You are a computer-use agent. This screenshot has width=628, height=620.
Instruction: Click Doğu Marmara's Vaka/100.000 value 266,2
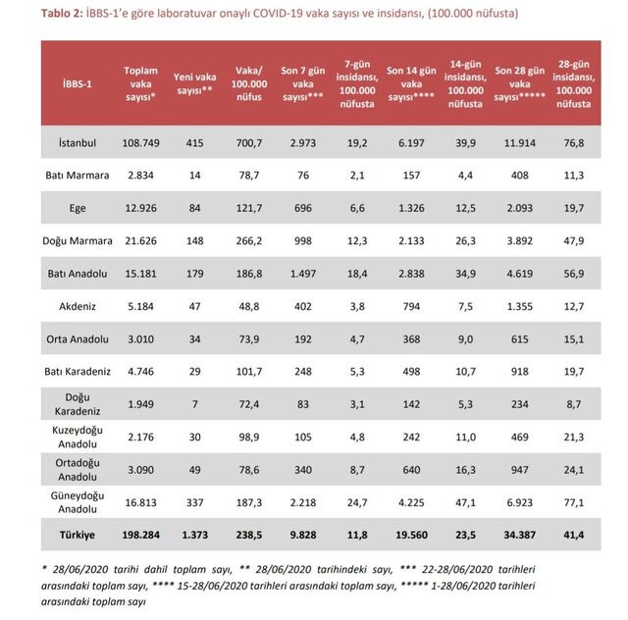249,239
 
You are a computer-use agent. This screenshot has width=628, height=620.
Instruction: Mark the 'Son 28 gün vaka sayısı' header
519,82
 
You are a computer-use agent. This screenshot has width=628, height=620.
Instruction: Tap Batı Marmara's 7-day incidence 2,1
356,175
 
